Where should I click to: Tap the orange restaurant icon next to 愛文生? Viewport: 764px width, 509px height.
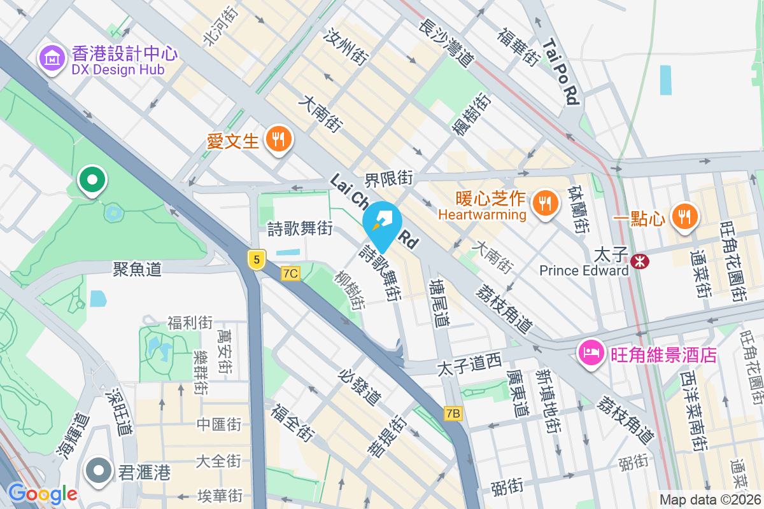click(x=278, y=138)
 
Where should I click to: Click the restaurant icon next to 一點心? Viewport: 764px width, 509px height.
click(x=684, y=217)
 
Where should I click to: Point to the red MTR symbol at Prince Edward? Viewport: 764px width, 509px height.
click(x=639, y=260)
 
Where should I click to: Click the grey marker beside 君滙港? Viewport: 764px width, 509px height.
click(x=98, y=471)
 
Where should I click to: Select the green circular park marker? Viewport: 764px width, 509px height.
click(x=92, y=180)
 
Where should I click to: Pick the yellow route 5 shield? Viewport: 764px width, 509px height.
click(x=256, y=259)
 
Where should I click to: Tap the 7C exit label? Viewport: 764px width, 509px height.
click(x=290, y=273)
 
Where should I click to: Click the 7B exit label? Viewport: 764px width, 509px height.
click(x=453, y=414)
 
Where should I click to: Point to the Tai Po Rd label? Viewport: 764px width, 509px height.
click(x=562, y=70)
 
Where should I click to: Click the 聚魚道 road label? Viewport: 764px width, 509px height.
click(x=137, y=269)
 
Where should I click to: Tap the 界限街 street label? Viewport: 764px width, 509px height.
click(x=389, y=179)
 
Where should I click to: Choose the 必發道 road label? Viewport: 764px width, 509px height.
click(x=361, y=386)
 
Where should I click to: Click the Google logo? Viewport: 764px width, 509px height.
click(x=42, y=493)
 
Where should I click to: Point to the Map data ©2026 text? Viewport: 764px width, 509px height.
click(x=710, y=500)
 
